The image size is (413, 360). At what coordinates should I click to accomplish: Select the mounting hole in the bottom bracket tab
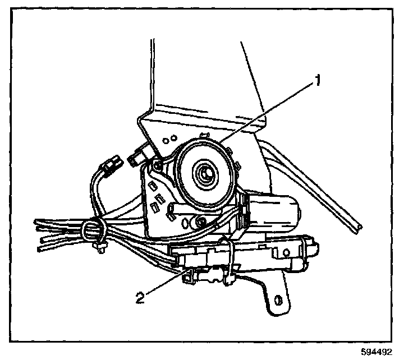click(276, 299)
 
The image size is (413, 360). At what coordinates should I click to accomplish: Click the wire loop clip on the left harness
click(91, 229)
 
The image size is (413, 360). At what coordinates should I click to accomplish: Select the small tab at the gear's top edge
click(205, 134)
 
